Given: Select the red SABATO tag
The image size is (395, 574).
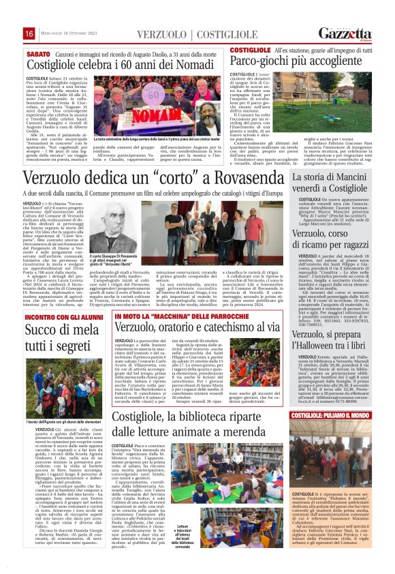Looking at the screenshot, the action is point(39,52).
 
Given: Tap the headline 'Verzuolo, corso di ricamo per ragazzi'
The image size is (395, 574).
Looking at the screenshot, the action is point(330,240).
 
